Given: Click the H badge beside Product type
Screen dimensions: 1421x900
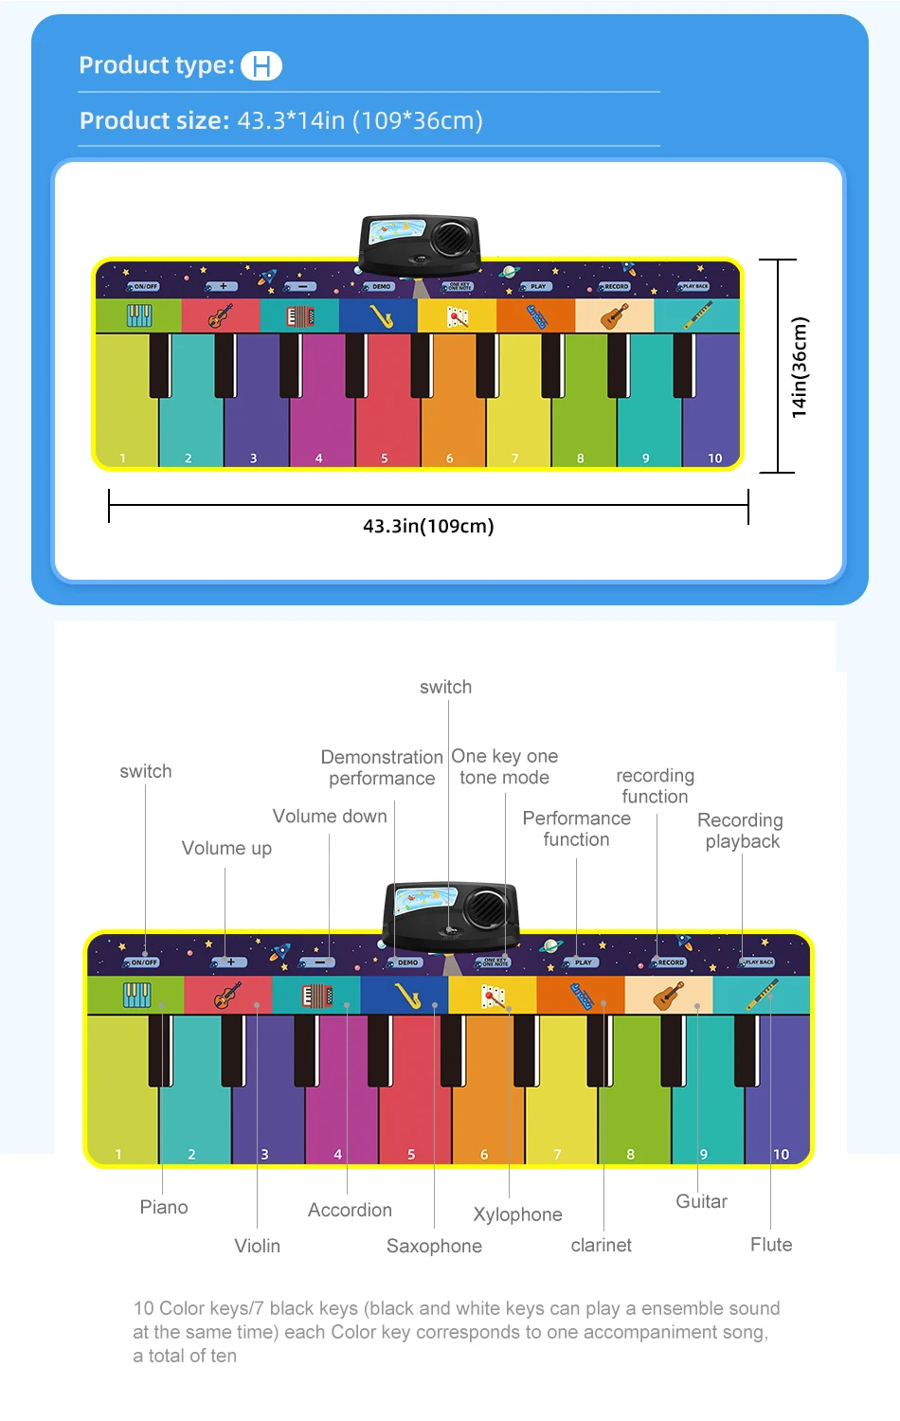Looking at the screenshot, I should point(261,66).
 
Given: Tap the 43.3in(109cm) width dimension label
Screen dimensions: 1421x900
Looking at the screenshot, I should point(428,526).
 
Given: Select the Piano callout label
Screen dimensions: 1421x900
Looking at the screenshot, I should point(164,1207).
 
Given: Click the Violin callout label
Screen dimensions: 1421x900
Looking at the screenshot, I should point(258,1246).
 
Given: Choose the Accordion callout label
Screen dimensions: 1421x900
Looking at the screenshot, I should point(350,1210).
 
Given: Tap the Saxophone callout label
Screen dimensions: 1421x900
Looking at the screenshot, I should point(434,1246).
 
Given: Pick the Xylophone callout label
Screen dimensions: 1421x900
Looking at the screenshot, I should point(517,1214).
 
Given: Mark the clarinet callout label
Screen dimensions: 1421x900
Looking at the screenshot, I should point(601,1245).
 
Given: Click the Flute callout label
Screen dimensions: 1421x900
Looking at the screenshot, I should point(771,1245).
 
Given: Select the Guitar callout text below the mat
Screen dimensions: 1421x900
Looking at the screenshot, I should point(701,1201).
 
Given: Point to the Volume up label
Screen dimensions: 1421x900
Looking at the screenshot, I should point(226,848).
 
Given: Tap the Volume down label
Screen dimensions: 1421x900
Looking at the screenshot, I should point(330,816).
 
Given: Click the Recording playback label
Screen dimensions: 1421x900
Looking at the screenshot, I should point(741,830).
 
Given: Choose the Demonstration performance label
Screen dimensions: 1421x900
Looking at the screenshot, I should point(382,767).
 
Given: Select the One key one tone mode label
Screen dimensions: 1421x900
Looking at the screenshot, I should point(505,766).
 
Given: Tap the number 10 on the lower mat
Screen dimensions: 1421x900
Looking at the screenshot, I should point(781,1154).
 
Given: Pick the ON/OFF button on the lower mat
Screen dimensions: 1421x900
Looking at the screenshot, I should point(143,962).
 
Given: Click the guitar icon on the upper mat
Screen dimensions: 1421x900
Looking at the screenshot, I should point(614,315).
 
